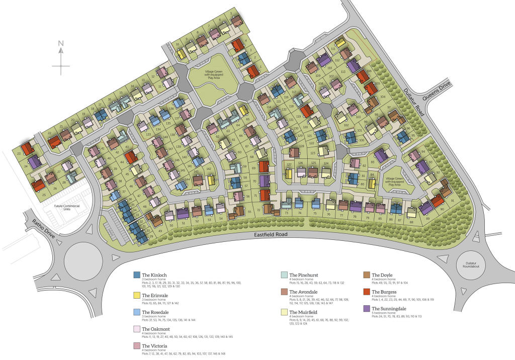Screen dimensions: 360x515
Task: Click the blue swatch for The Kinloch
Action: [x=136, y=275]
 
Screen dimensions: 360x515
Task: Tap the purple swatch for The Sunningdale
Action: [x=367, y=308]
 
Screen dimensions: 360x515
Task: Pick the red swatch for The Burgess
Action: [x=367, y=292]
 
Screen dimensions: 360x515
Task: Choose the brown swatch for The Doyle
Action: [x=367, y=275]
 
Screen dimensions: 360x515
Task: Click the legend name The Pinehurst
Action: [x=303, y=275]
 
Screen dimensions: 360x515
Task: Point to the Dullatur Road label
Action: [x=414, y=104]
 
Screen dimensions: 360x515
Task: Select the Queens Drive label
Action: [x=436, y=93]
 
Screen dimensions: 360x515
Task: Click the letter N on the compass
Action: [x=60, y=43]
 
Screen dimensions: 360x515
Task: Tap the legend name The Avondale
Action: [x=303, y=292]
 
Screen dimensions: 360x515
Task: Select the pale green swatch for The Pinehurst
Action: [x=284, y=275]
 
